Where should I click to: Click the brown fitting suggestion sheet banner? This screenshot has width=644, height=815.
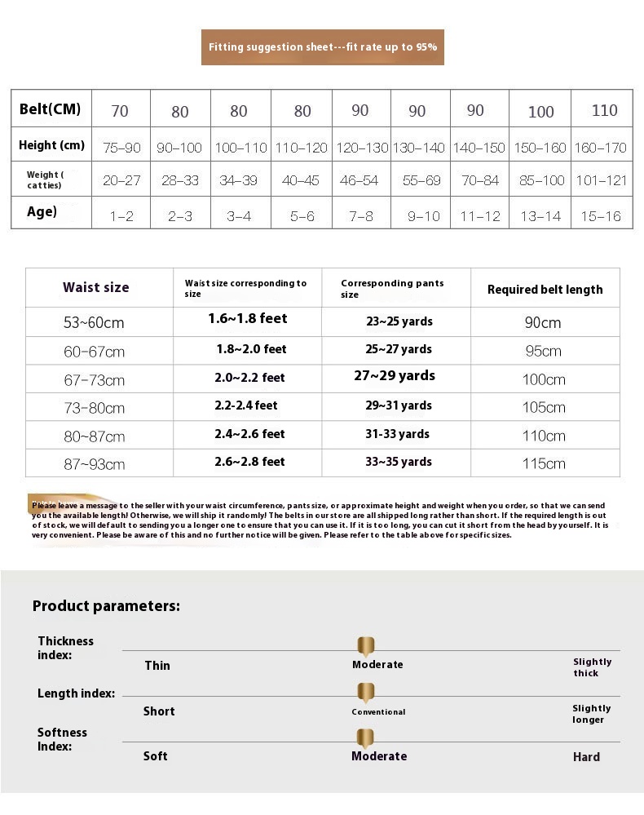pyautogui.click(x=322, y=47)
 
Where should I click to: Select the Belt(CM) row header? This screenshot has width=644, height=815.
pyautogui.click(x=51, y=109)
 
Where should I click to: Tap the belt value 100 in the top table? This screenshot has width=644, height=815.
pyautogui.click(x=540, y=112)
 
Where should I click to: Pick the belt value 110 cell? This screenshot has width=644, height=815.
pyautogui.click(x=604, y=110)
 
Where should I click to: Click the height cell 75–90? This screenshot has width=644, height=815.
pyautogui.click(x=121, y=148)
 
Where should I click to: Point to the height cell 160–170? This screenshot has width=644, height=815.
pyautogui.click(x=601, y=148)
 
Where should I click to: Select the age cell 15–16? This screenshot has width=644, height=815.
pyautogui.click(x=601, y=216)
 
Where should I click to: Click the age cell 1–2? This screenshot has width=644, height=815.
pyautogui.click(x=121, y=216)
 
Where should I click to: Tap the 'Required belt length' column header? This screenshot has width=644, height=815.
pyautogui.click(x=545, y=289)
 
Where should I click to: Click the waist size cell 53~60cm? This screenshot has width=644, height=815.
pyautogui.click(x=94, y=322)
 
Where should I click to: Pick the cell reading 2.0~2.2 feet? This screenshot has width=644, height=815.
pyautogui.click(x=249, y=378)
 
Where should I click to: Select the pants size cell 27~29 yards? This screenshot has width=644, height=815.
pyautogui.click(x=395, y=376)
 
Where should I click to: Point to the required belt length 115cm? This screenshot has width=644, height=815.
pyautogui.click(x=544, y=463)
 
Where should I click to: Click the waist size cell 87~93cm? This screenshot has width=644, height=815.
pyautogui.click(x=95, y=464)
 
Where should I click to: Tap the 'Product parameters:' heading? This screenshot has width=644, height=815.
pyautogui.click(x=106, y=605)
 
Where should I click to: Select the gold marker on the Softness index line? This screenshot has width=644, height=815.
pyautogui.click(x=366, y=738)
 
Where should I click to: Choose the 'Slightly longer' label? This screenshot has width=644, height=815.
pyautogui.click(x=591, y=714)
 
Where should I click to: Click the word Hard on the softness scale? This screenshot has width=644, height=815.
pyautogui.click(x=586, y=757)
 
